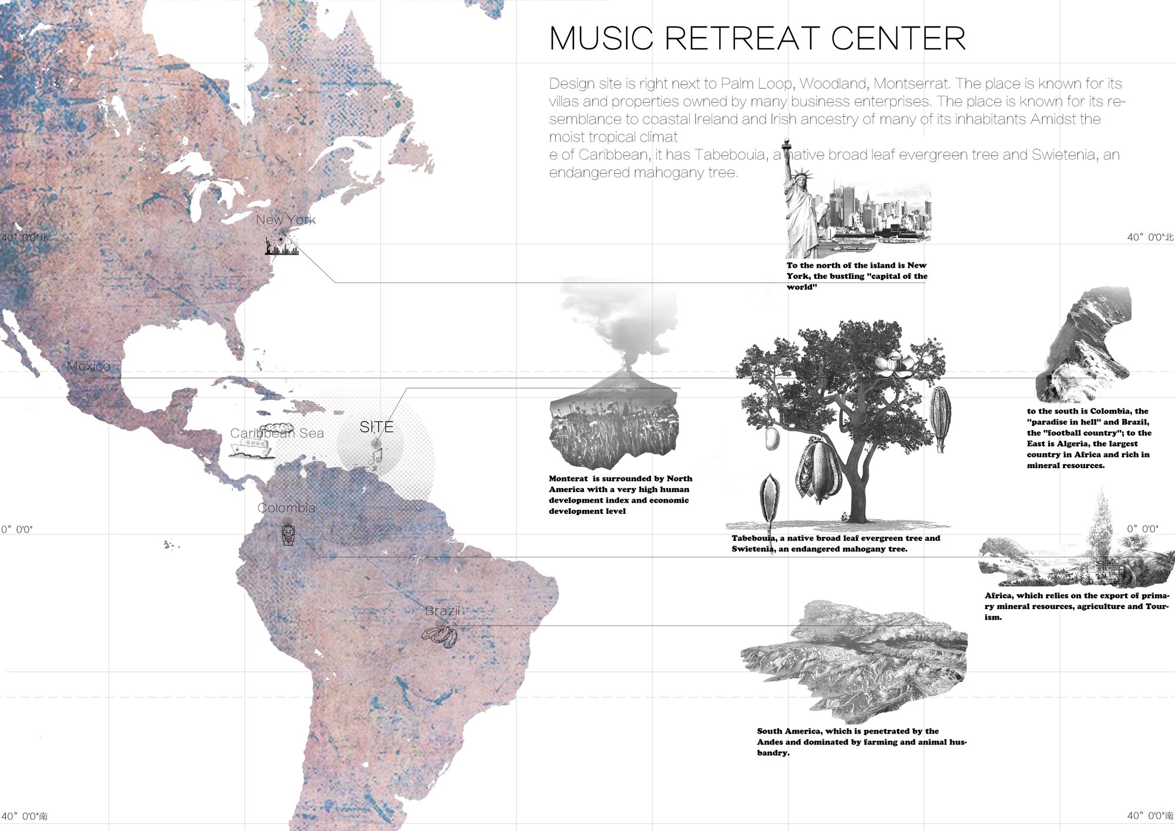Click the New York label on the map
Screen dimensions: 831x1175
(286, 220)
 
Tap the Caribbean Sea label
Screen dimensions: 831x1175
(277, 433)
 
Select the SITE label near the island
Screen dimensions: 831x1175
(377, 427)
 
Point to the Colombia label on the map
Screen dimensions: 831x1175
(286, 508)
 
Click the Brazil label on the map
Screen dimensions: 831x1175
(442, 611)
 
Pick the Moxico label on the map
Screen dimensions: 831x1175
(88, 366)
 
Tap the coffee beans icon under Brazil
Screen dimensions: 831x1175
(440, 637)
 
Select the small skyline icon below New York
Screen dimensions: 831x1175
(281, 246)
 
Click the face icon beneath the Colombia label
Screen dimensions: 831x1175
(288, 534)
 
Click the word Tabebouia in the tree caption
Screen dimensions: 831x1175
(754, 539)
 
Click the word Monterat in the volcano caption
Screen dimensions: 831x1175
(568, 479)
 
